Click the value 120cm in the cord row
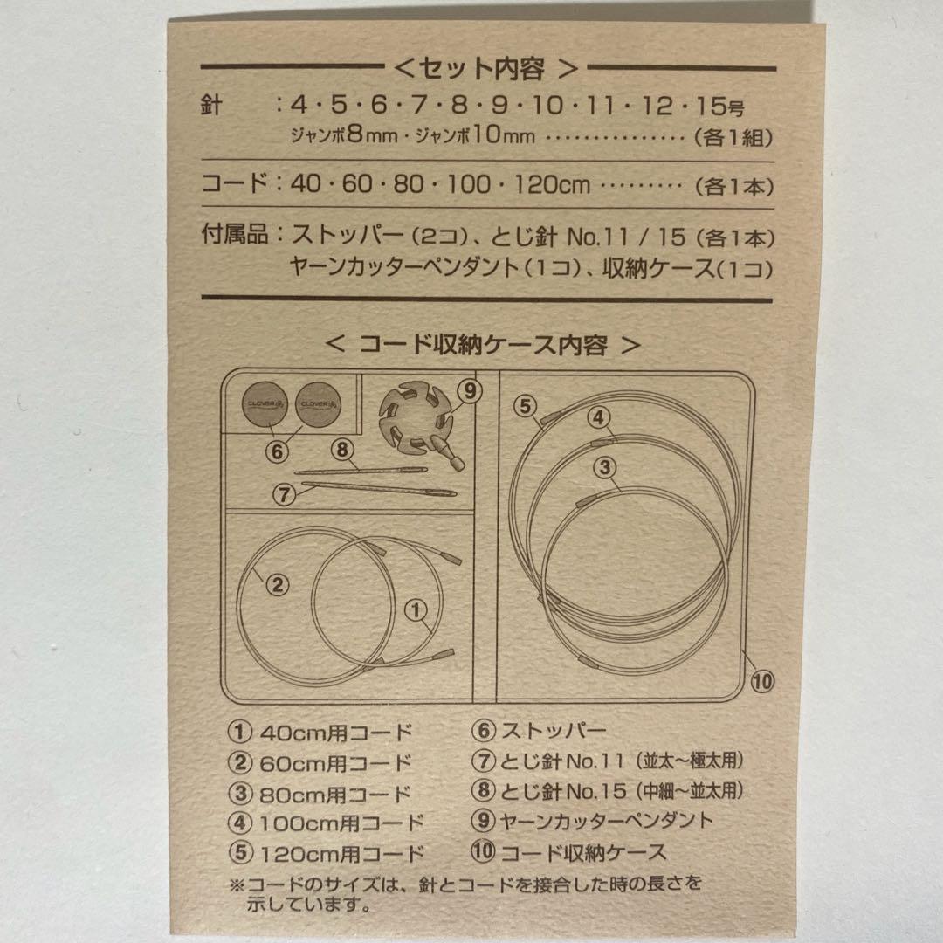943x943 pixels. [554, 185]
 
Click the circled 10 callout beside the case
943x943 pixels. [761, 680]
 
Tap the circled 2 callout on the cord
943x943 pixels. [276, 585]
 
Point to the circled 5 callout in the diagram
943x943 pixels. [524, 405]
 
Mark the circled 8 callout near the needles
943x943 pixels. [341, 450]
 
